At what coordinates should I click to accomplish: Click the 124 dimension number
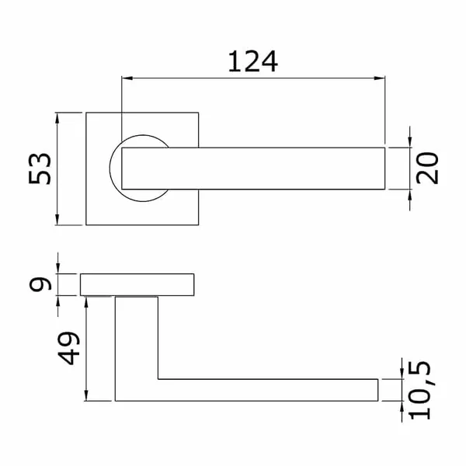(253, 61)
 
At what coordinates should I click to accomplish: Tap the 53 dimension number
(40, 169)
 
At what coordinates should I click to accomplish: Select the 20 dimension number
(427, 169)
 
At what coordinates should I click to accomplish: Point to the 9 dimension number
(40, 284)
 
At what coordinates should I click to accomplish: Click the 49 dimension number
(68, 348)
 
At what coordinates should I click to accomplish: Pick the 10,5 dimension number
(419, 390)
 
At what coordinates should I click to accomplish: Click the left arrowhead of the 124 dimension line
(127, 78)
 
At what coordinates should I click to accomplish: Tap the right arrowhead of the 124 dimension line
(380, 78)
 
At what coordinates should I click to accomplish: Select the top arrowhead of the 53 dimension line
(57, 118)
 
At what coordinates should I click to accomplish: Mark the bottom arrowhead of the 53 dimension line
(57, 219)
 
